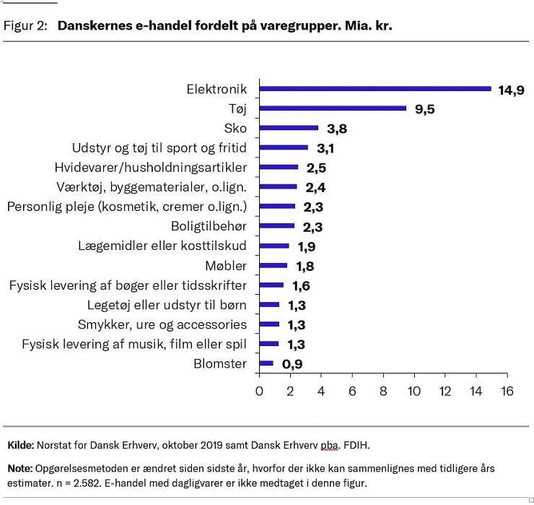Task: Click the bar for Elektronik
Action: [375, 89]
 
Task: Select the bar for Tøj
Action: [333, 108]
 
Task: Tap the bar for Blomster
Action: [266, 363]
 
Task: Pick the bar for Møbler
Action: [273, 265]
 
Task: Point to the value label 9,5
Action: [424, 110]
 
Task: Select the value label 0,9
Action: [292, 364]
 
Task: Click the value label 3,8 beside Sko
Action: [337, 129]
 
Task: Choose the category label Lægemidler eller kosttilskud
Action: [162, 246]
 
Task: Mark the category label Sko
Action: [235, 129]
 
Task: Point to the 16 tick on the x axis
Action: [507, 391]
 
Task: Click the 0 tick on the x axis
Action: [260, 391]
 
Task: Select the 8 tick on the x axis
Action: [383, 391]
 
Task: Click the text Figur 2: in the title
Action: [26, 25]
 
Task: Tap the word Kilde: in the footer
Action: [19, 444]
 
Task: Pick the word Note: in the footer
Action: [19, 468]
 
